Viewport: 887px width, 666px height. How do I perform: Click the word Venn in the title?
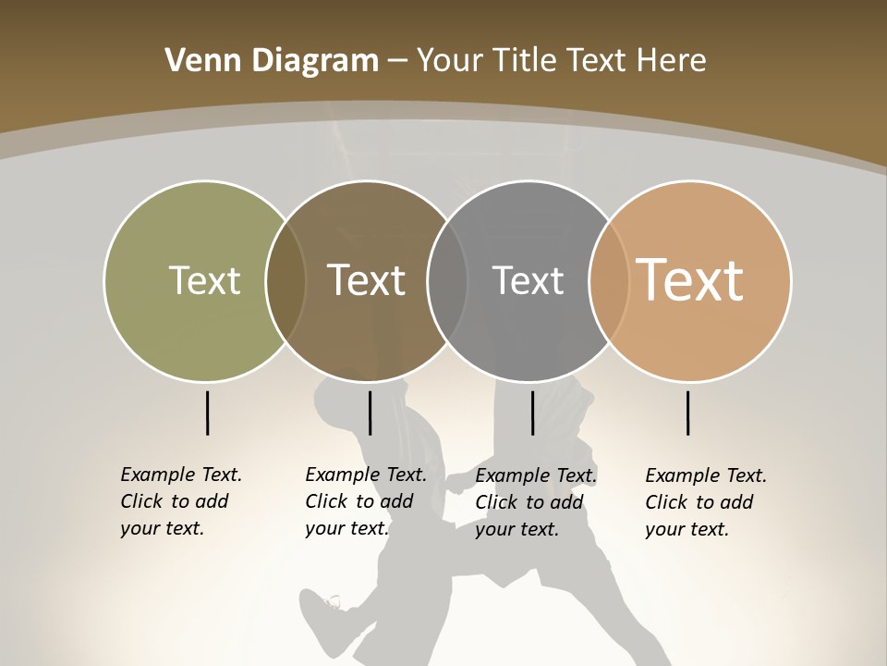click(193, 61)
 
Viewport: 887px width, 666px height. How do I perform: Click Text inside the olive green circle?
click(204, 280)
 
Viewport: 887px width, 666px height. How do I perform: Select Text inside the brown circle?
click(367, 280)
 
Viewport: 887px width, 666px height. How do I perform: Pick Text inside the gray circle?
click(528, 280)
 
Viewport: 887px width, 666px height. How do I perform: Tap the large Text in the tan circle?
click(690, 279)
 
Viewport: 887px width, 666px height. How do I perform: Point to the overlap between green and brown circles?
click(286, 281)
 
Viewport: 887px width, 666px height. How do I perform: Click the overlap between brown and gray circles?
click(447, 281)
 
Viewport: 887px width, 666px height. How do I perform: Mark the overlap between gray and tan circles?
click(609, 281)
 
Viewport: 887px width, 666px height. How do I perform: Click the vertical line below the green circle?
click(207, 413)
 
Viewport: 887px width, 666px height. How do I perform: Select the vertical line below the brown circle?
click(370, 413)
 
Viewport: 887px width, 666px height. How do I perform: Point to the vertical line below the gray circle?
click(532, 413)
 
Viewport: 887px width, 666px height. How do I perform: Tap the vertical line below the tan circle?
click(688, 413)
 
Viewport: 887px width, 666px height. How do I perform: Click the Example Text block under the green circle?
click(180, 501)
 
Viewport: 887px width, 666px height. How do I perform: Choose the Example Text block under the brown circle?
click(365, 501)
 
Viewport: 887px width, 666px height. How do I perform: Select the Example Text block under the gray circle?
click(535, 502)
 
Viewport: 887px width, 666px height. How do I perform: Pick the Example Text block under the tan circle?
click(705, 502)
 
